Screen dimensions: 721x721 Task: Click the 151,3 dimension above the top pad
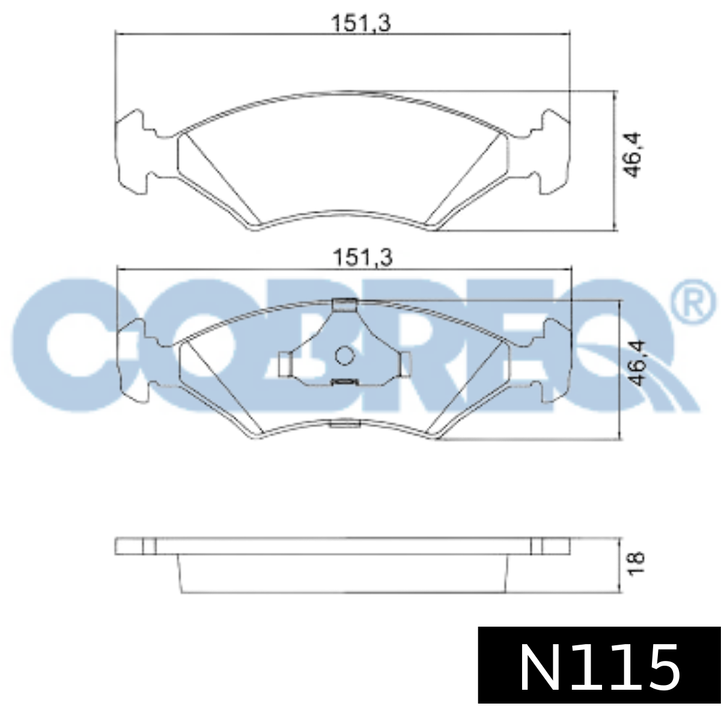click(361, 23)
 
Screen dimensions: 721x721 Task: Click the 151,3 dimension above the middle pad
click(362, 258)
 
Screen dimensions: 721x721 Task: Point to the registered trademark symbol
click(692, 302)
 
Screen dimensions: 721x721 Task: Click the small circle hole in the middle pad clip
click(344, 356)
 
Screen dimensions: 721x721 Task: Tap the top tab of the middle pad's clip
click(344, 305)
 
